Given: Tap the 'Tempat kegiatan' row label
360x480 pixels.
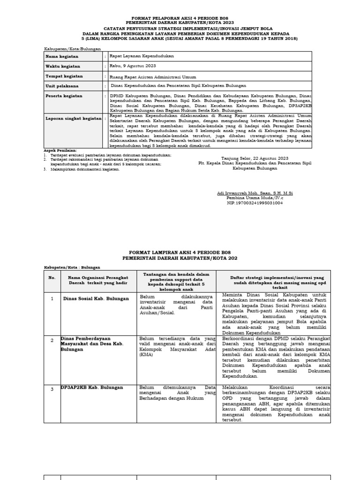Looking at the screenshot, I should (64, 76).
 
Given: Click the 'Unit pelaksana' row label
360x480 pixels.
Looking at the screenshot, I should (62, 86).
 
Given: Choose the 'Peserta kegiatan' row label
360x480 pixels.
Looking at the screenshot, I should (63, 96).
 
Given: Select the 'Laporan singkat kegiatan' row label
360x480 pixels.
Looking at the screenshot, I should (73, 119).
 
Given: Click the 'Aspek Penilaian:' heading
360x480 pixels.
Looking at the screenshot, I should (60, 150).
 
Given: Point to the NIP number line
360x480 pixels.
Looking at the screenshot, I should (255, 203).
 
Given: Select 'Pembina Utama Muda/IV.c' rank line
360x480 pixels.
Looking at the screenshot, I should (255, 198).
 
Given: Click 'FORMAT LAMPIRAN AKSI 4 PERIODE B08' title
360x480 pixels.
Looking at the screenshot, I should (180, 252).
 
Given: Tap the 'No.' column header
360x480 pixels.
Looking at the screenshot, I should (52, 277).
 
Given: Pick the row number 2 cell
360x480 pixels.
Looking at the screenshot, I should (52, 340).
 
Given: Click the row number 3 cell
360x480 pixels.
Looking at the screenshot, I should (52, 388).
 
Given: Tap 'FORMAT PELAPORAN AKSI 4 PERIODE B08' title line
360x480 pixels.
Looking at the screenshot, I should (180, 17).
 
